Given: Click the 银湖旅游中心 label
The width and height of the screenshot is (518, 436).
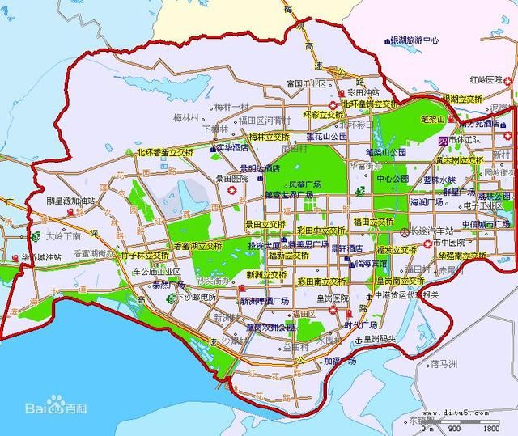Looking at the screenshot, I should (414, 39).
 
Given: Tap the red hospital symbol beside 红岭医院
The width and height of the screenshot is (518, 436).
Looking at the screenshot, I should (507, 80).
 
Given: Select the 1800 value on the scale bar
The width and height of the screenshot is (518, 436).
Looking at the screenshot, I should (490, 428).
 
